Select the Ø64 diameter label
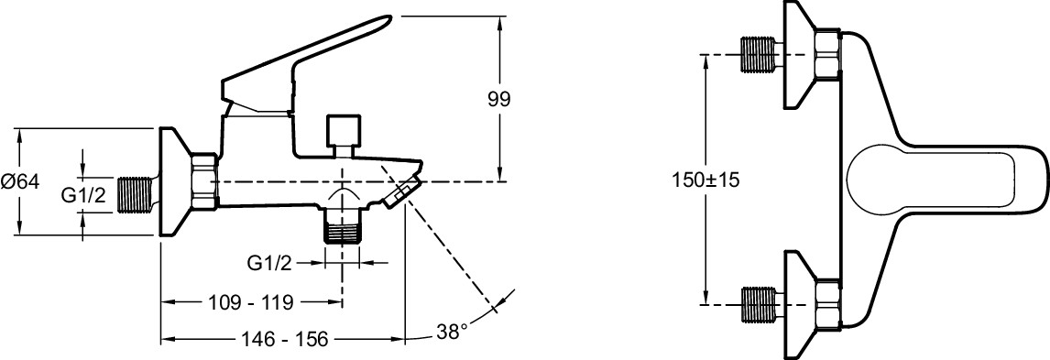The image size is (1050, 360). (21, 181)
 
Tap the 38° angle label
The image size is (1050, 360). (452, 331)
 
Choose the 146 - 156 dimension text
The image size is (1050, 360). (283, 340)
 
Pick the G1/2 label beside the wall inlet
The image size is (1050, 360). (83, 195)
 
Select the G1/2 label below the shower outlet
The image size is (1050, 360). (269, 264)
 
